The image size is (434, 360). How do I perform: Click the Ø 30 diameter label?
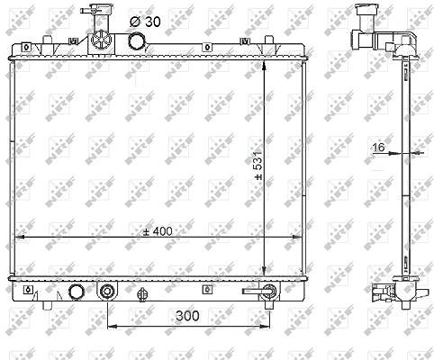point(145,22)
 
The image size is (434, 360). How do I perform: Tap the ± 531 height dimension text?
point(258,166)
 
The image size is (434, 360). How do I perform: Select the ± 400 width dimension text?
point(158,231)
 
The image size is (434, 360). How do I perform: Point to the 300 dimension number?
point(187,316)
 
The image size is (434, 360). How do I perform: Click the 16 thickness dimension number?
point(378,148)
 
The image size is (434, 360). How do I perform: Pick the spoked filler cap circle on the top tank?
point(101,40)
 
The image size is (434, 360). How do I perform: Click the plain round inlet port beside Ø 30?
point(137,40)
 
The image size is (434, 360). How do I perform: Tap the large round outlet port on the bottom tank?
point(77,292)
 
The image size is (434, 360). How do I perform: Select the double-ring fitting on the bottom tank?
point(107,291)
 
